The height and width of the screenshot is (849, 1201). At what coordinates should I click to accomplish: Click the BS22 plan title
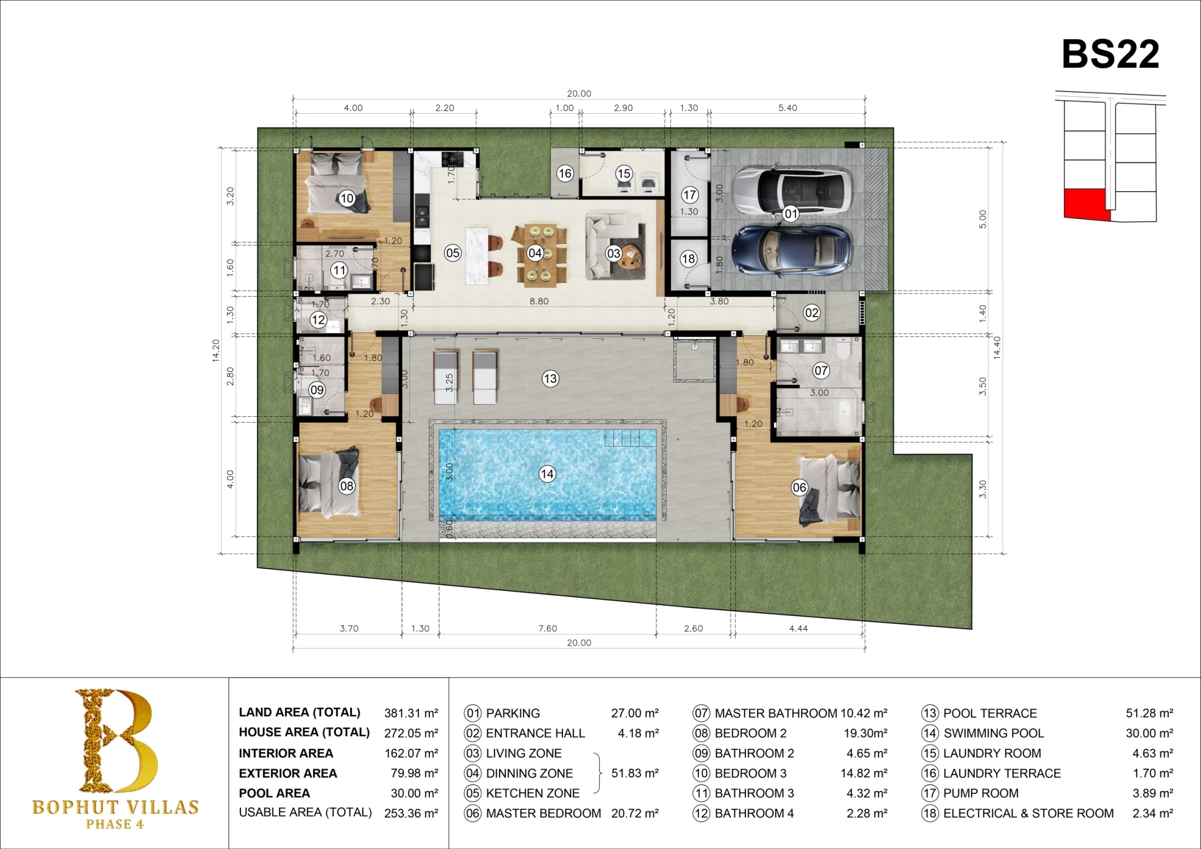pyautogui.click(x=1110, y=55)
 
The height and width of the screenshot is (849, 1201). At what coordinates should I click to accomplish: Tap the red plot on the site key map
pyautogui.click(x=1086, y=204)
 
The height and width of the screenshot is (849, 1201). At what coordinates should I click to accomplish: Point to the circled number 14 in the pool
pyautogui.click(x=547, y=474)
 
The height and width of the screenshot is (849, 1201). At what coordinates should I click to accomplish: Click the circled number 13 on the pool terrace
pyautogui.click(x=549, y=379)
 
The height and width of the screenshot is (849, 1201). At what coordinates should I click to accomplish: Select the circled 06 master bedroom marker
pyautogui.click(x=799, y=487)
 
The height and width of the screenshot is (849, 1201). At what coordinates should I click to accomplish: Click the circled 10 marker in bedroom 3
pyautogui.click(x=347, y=198)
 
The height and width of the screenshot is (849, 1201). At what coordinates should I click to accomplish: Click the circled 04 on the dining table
pyautogui.click(x=535, y=253)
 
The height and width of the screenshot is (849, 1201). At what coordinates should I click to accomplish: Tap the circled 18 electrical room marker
pyautogui.click(x=688, y=259)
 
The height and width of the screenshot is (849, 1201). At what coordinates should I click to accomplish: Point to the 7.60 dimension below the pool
pyautogui.click(x=548, y=629)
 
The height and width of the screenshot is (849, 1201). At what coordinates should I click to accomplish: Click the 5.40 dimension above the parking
pyautogui.click(x=788, y=108)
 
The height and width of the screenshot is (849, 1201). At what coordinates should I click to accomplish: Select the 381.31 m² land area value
pyautogui.click(x=411, y=713)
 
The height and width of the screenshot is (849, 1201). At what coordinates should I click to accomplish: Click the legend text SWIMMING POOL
pyautogui.click(x=993, y=733)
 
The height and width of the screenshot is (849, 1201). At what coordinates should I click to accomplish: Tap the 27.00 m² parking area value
pyautogui.click(x=635, y=713)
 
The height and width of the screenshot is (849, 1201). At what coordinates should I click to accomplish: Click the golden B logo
pyautogui.click(x=116, y=741)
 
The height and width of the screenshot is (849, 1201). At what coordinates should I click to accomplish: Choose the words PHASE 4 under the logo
pyautogui.click(x=115, y=824)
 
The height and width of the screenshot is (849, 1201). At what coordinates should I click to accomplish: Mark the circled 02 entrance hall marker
pyautogui.click(x=811, y=313)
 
